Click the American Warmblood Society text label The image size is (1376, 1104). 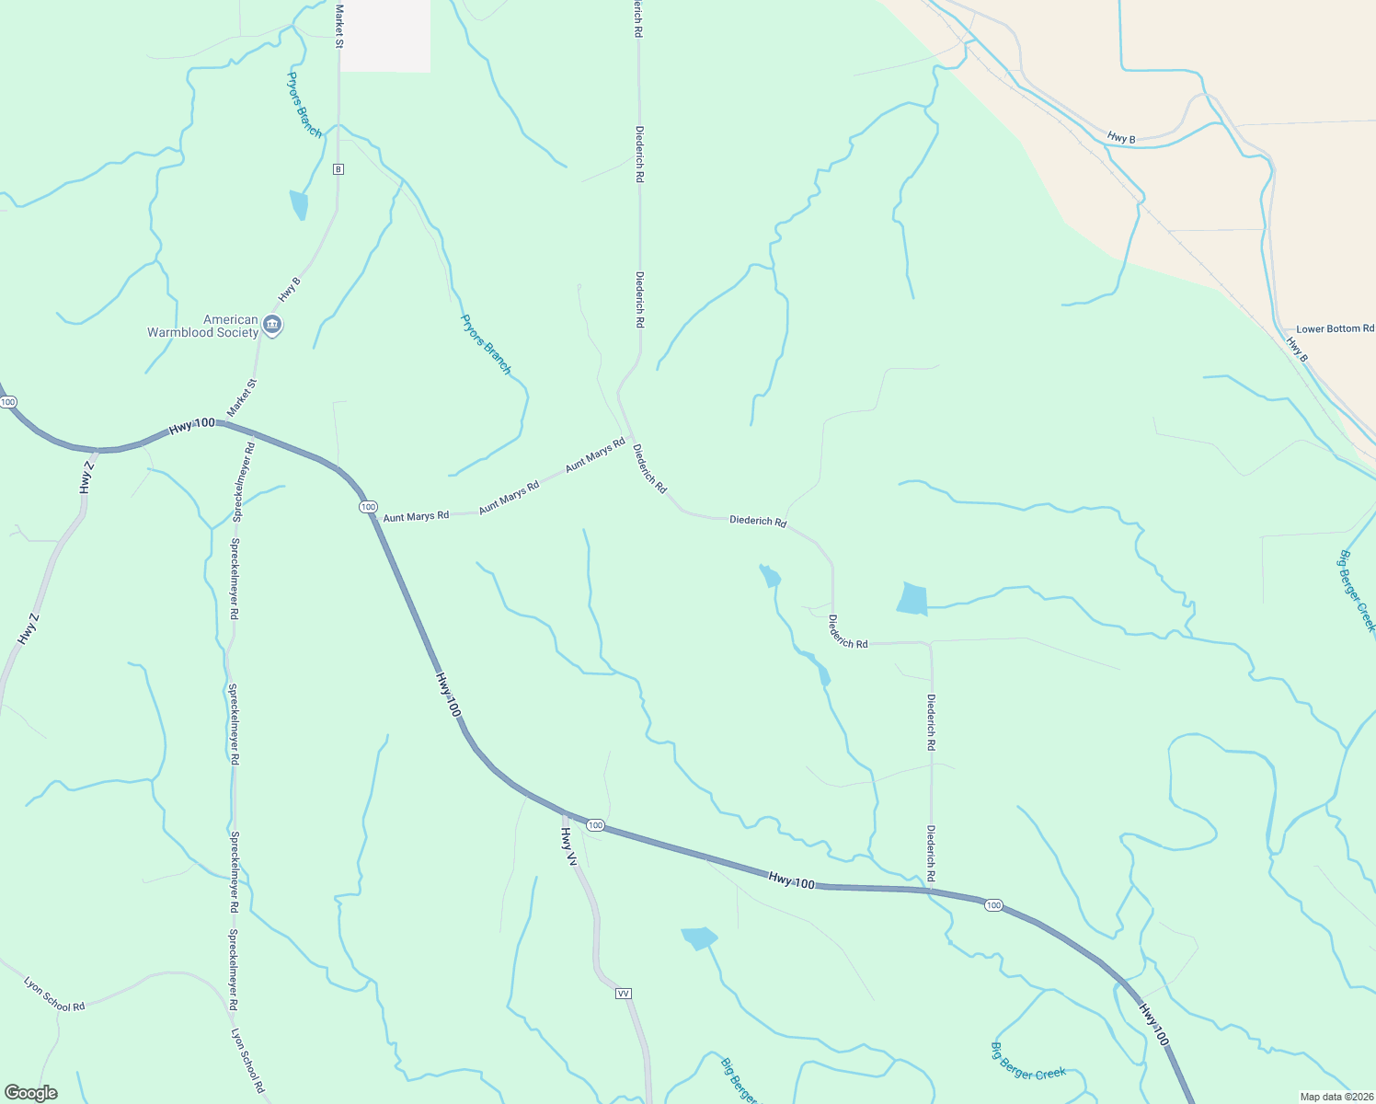point(203,327)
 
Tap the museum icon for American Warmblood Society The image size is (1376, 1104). point(272,325)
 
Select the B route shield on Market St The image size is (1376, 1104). point(338,169)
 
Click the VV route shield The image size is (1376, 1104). point(624,994)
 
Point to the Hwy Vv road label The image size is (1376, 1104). point(569,847)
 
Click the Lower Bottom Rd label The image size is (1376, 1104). point(1335,328)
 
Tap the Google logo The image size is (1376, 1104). point(30,1093)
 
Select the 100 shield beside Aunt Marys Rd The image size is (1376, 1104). point(368,507)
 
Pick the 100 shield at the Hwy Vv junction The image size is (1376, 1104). point(595,825)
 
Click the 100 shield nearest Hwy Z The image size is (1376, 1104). point(8,402)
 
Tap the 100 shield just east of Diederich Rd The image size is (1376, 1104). point(993,905)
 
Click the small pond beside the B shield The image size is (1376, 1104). point(299,204)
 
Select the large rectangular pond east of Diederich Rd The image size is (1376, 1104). point(912,599)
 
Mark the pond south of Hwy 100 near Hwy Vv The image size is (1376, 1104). point(699,937)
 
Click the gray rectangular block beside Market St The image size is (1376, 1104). point(384,35)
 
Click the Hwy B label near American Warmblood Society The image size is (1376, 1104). point(289,290)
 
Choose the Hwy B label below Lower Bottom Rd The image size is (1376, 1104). point(1296,349)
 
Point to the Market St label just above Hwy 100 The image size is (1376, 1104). point(242,397)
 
